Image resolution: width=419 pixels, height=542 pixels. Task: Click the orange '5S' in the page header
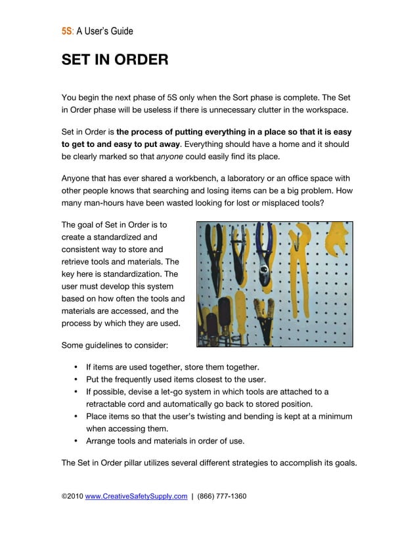pos(66,31)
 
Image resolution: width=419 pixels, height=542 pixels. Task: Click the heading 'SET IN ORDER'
pos(115,60)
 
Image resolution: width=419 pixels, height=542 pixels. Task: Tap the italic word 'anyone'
pos(169,157)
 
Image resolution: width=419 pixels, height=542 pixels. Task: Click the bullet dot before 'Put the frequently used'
pos(77,379)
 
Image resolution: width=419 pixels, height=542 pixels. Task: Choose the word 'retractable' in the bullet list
pos(108,404)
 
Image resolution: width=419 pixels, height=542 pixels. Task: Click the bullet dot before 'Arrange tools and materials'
pos(77,440)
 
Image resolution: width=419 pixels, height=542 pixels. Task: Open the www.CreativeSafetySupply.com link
pos(136,496)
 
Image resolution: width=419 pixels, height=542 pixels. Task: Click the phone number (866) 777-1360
pos(222,496)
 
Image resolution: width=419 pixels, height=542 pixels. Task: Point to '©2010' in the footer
pos(72,496)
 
